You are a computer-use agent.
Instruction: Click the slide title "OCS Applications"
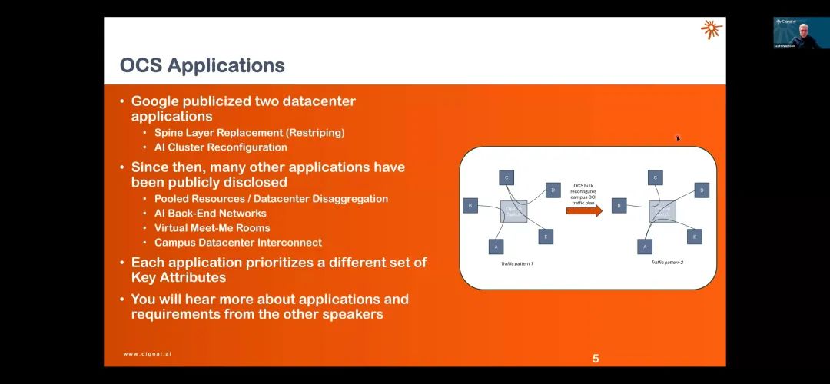[202, 65]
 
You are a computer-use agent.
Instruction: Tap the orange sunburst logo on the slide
[711, 30]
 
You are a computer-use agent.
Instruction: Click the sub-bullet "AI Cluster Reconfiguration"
[221, 147]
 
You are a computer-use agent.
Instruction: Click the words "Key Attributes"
[178, 277]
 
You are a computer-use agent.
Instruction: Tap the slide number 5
[596, 358]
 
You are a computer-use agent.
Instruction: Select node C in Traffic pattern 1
[506, 177]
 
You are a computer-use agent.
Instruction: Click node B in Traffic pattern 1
[470, 205]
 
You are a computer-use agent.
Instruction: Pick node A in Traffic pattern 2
[646, 247]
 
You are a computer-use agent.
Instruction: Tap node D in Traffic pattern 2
[701, 190]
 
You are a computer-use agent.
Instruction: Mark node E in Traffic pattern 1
[545, 237]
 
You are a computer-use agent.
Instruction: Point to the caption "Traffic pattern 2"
[666, 263]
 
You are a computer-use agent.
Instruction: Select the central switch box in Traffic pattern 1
[513, 211]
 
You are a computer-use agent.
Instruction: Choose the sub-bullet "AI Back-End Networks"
[210, 213]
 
